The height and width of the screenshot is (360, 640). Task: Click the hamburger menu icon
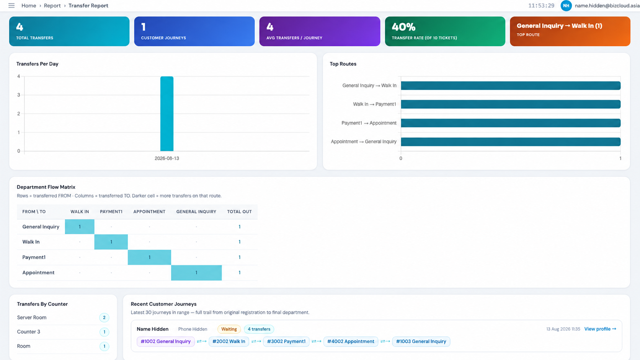coord(11,5)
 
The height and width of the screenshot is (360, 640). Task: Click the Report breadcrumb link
coord(52,6)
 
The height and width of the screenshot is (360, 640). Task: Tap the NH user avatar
coord(566,6)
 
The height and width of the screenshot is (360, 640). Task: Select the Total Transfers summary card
coord(69,31)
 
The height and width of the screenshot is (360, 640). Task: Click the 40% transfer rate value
coord(403,27)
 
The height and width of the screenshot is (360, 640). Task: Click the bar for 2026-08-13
coord(167,114)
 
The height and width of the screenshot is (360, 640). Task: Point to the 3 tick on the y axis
coord(19,95)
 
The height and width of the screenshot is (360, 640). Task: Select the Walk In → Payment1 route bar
coord(511,104)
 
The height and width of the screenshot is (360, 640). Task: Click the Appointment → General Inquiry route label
coord(363,142)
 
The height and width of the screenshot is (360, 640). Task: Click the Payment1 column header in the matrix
coord(111,212)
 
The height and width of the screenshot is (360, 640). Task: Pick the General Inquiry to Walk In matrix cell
coord(80,227)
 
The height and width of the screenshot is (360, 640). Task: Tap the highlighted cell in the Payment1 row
coord(149,257)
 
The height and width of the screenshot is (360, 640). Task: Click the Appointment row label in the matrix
coord(38,273)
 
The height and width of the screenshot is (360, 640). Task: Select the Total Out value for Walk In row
coord(240,242)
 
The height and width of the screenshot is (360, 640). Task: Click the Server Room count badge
coord(104,318)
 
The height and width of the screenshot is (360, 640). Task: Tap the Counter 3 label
coord(29,332)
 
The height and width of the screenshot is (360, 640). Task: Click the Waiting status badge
coord(229,329)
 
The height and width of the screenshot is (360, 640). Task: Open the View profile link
coord(600,329)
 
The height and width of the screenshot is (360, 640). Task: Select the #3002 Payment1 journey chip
coord(286,341)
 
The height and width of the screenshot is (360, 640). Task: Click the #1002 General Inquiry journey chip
coord(165,341)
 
